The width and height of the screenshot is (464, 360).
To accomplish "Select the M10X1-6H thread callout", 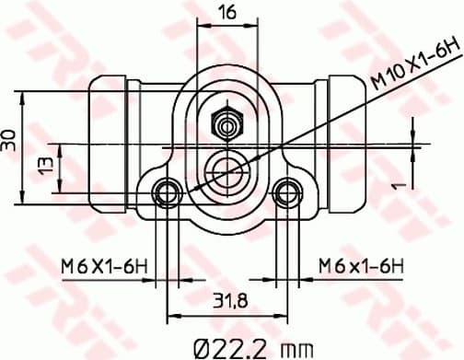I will tap(412, 62).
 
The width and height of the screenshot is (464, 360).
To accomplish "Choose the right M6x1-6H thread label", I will tap(362, 266).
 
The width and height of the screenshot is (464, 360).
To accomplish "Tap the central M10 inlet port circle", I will tap(227, 168).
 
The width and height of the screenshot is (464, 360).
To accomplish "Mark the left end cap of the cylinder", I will tap(110, 142).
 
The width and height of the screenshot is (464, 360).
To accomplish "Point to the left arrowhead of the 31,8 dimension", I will tap(171, 310).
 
